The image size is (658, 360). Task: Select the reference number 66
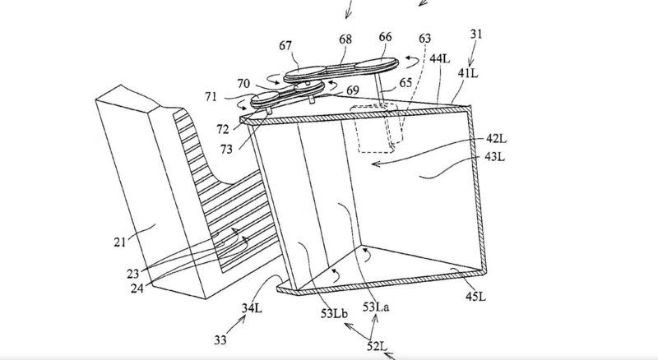(385, 37)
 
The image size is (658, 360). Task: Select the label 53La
(374, 308)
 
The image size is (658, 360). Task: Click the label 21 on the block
(122, 242)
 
